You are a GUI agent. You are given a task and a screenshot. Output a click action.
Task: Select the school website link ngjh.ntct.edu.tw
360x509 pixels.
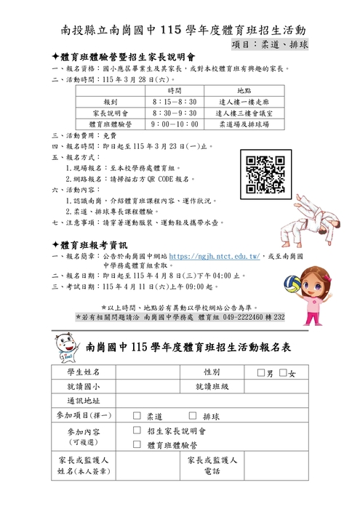pos(215,257)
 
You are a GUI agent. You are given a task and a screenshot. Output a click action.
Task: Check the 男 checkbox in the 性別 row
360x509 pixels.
pos(262,374)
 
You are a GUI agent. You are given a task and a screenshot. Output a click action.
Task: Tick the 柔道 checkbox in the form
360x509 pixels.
pos(137,416)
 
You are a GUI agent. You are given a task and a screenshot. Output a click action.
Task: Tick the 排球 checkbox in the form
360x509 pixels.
pos(192,416)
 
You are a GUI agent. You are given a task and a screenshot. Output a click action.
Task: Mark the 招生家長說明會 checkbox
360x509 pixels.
pos(137,430)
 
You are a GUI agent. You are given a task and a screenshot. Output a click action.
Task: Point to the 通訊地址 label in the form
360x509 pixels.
pos(84,401)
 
